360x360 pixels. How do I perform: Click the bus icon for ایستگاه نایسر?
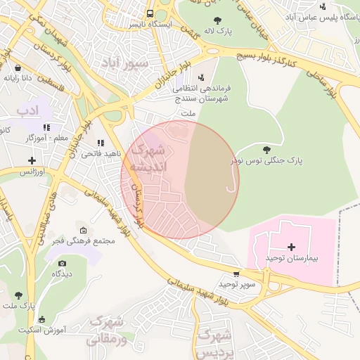tap(150, 13)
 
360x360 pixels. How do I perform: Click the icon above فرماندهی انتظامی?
tap(202, 77)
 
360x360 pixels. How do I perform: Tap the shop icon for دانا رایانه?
tap(18, 67)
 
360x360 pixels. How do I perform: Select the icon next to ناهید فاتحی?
tap(101, 143)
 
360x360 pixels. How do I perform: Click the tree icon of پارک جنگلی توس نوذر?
tap(266, 149)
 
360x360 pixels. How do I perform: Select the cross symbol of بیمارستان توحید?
tap(292, 247)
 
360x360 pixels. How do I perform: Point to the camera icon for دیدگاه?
tap(62, 263)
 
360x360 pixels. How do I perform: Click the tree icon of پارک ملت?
tap(18, 295)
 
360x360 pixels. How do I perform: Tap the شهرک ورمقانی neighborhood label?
tap(108, 330)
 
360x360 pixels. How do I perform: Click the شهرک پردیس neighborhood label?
tap(215, 342)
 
